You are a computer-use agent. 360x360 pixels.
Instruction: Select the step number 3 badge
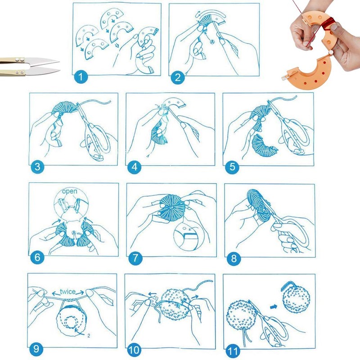click(37, 167)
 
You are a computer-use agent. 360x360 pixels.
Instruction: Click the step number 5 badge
click(232, 167)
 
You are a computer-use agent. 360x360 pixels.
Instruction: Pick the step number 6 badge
click(37, 258)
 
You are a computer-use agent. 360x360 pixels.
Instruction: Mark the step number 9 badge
click(36, 349)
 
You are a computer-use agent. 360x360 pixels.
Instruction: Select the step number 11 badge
click(232, 349)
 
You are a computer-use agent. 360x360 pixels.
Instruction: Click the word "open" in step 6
click(70, 191)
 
